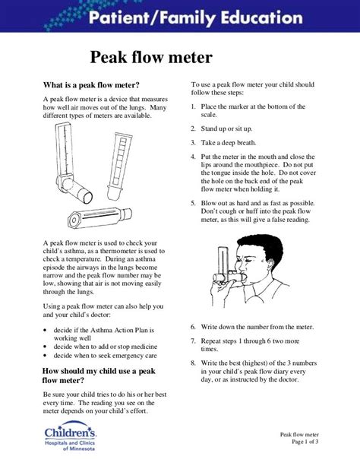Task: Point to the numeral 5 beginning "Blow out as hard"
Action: (194, 204)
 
